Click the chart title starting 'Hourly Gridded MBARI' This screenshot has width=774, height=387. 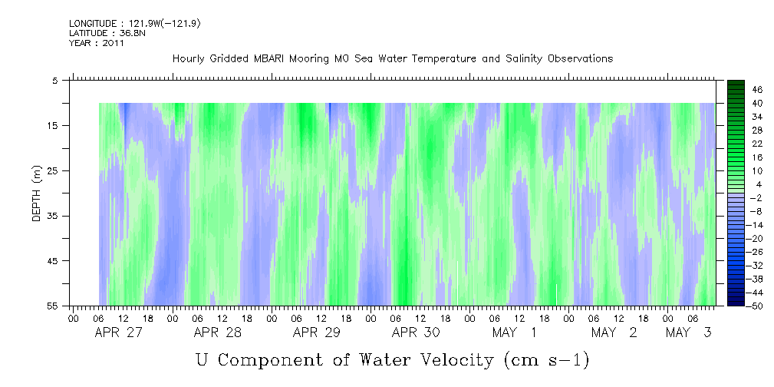point(392,58)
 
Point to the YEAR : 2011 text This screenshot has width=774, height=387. point(97,43)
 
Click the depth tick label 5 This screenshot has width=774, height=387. point(55,80)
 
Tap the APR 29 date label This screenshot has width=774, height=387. point(317,332)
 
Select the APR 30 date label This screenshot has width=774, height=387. point(416,332)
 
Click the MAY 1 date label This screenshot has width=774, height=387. point(515,332)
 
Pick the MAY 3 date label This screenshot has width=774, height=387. point(690,332)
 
